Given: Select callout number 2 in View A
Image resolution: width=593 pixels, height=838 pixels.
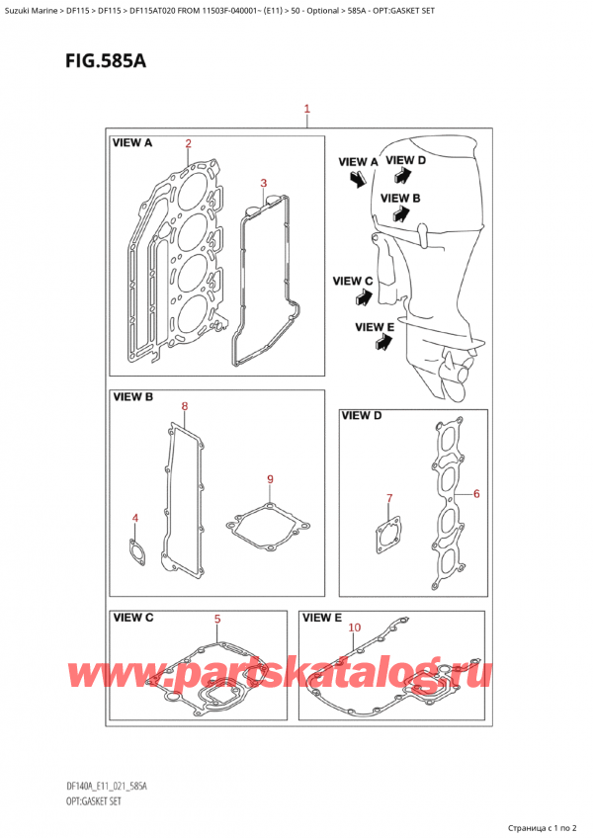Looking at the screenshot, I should tap(187, 144).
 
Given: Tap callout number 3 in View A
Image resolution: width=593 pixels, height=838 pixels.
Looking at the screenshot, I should tap(263, 183).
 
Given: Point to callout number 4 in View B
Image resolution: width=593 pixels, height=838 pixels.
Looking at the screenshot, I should tap(134, 517).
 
